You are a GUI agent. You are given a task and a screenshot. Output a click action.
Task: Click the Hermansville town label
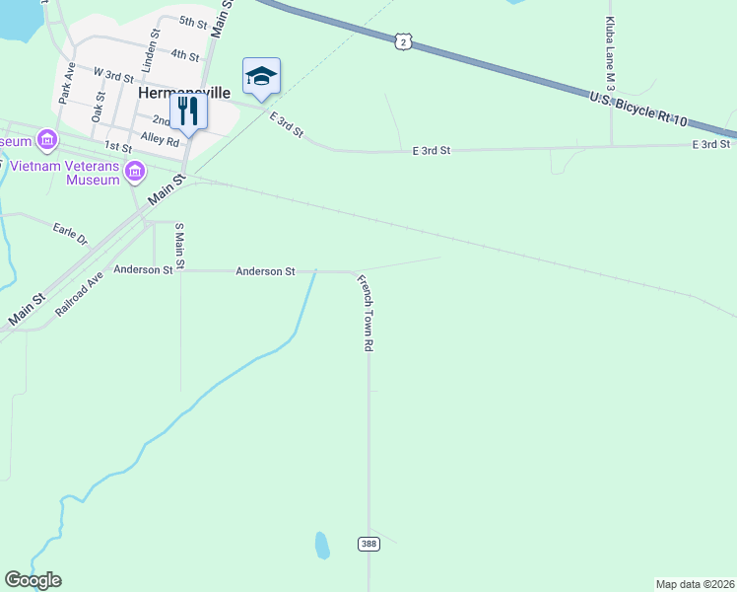[x=184, y=92]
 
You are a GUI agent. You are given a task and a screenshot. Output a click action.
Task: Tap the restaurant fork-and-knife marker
[x=188, y=111]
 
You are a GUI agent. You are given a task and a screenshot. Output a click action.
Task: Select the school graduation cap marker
[x=261, y=76]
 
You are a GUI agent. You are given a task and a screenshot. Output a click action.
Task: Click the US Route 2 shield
[x=403, y=40]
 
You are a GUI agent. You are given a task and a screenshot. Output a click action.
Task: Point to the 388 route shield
[x=368, y=544]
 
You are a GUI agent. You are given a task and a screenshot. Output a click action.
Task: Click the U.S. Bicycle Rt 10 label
[x=637, y=107]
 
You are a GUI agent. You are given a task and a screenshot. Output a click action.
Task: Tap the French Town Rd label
[x=366, y=313]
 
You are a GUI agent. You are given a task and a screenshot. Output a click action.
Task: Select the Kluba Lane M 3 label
[x=611, y=55]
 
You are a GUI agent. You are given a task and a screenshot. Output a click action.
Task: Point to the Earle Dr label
[x=70, y=233]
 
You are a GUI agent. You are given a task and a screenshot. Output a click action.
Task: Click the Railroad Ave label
[x=79, y=294]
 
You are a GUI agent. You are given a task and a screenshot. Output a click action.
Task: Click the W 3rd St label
[x=113, y=74]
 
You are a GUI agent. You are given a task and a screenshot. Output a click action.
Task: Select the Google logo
[x=33, y=580]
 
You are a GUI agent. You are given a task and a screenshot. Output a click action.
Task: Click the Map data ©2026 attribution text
[x=695, y=584]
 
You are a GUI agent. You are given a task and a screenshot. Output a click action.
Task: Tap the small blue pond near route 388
[x=321, y=545]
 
